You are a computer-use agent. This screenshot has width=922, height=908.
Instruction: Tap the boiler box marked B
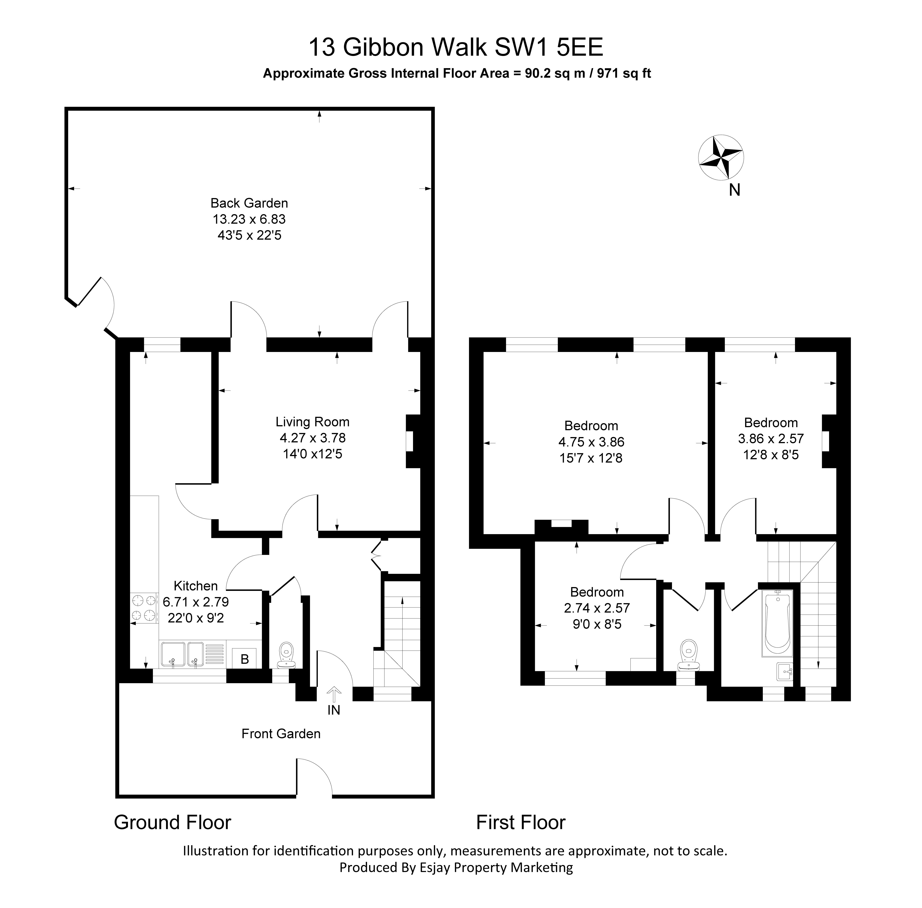click(x=244, y=659)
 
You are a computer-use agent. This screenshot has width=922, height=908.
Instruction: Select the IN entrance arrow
click(x=333, y=693)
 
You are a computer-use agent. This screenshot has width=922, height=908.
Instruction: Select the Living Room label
click(x=312, y=422)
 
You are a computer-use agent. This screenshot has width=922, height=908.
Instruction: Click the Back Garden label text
click(x=249, y=203)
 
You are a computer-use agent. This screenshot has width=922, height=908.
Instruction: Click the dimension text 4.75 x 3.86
click(x=591, y=442)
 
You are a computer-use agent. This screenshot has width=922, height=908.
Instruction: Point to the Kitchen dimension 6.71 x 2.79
click(x=196, y=602)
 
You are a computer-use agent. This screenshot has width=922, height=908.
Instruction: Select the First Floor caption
click(x=520, y=822)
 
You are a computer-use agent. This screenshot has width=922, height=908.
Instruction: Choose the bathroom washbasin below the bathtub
click(x=784, y=671)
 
